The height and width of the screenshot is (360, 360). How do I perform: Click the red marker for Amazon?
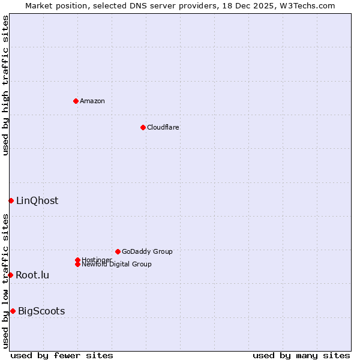76,101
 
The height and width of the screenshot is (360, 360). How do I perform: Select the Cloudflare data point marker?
143,127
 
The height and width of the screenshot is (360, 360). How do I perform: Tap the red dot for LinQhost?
11,200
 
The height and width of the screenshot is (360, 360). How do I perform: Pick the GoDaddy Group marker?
118,251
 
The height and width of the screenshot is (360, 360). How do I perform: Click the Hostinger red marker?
77,260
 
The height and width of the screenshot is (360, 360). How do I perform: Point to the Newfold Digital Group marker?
77,264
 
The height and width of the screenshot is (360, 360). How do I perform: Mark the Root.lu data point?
10,275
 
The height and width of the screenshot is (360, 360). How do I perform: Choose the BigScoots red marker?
13,311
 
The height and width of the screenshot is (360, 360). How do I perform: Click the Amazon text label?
92,101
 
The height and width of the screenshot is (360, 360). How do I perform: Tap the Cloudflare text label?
163,127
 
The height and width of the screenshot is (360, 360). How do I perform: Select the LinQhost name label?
37,201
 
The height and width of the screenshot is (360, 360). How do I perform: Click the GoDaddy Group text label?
147,251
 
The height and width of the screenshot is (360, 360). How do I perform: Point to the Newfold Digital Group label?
116,265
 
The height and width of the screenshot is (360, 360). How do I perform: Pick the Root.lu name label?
32,275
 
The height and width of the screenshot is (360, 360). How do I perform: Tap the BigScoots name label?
41,311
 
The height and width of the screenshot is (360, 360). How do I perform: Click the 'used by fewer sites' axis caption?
62,355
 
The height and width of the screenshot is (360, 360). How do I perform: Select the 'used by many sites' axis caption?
301,355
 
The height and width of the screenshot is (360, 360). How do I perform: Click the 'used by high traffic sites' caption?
5,85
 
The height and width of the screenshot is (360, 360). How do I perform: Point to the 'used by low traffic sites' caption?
5,281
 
